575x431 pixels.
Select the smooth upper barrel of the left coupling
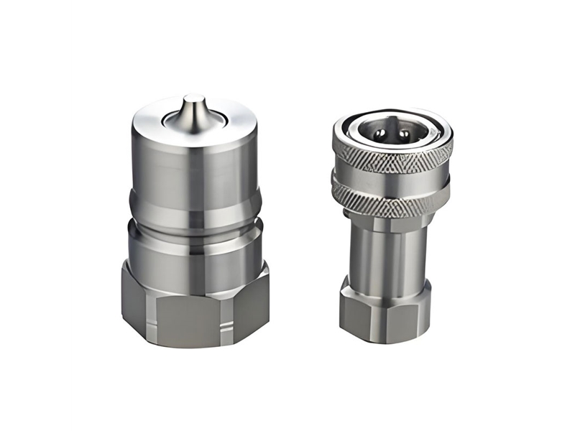tap(194, 169)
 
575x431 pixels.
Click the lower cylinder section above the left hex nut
tap(194, 244)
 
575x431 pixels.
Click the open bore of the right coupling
tap(392, 134)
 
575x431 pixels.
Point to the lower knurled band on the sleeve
tap(392, 199)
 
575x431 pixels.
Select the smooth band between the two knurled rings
tap(392, 180)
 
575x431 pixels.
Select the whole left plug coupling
tap(194, 223)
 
